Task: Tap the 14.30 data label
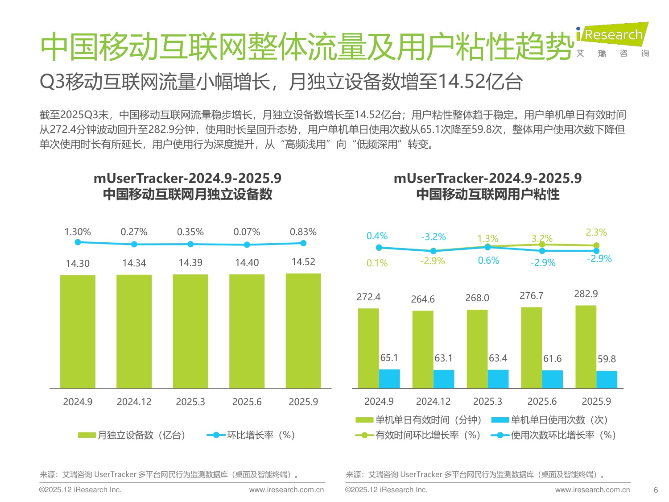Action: [x=78, y=263]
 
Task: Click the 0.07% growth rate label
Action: [x=247, y=232]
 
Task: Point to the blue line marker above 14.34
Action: [x=134, y=244]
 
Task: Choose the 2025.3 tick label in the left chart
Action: [x=190, y=402]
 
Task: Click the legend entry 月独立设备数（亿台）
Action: [x=132, y=435]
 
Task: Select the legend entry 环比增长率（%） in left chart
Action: [x=252, y=435]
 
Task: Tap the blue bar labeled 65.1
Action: [x=389, y=379]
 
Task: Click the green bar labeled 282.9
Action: [x=586, y=347]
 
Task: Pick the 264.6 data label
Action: [x=422, y=299]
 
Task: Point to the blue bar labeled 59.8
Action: [x=607, y=380]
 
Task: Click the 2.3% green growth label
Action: [x=596, y=232]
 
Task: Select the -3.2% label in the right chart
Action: [x=433, y=237]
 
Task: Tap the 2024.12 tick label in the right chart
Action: [x=433, y=401]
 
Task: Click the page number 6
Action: [x=656, y=490]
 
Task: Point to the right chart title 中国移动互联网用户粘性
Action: [x=487, y=195]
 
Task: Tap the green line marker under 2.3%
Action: [x=596, y=245]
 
